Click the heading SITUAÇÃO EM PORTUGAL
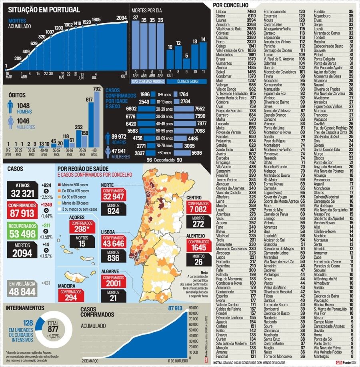[x=44, y=10]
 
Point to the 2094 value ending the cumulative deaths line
[x=122, y=18]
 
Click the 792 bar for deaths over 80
[x=97, y=119]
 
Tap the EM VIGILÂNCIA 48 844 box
[x=23, y=289]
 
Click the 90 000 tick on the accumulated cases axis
[x=194, y=308]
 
